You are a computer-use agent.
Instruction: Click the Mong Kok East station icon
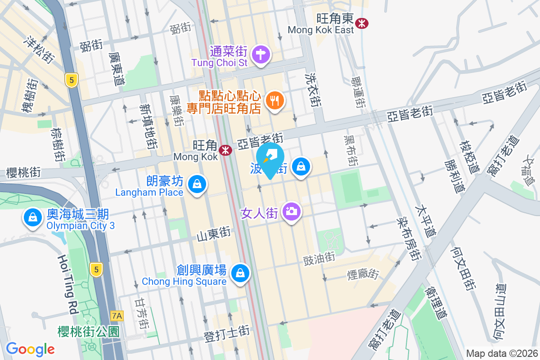pos(361,22)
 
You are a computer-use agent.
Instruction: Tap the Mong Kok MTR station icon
pos(225,150)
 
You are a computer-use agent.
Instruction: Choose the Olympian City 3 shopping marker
pos(32,218)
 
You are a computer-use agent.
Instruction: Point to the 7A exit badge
pos(117,315)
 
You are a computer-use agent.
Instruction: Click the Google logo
pos(30,349)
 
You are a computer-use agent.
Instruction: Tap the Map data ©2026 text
pos(501,353)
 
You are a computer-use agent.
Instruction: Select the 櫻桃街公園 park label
pos(89,332)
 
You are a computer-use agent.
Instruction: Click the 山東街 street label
pos(214,234)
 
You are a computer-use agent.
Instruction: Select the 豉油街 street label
pos(319,257)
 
